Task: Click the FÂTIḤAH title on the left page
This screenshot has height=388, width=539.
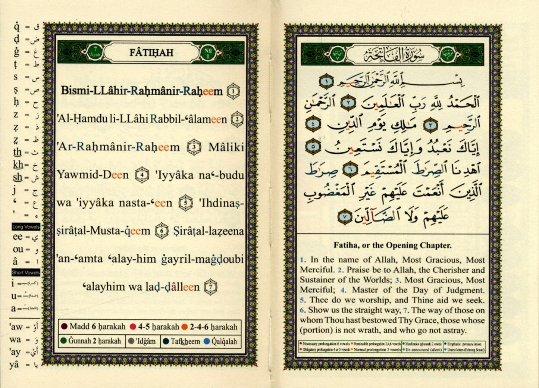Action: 151,53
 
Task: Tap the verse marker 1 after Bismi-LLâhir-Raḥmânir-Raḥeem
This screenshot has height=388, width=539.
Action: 233,91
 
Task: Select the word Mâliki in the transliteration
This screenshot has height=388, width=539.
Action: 226,147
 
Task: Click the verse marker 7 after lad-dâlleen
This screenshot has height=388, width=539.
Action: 211,287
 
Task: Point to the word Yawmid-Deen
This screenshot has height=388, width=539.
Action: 93,175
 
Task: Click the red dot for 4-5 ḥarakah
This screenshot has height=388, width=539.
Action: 133,327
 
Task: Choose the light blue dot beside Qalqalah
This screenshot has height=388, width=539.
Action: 207,341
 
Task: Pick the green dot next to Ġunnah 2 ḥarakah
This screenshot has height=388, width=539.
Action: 63,341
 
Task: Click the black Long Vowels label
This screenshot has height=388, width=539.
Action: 26,227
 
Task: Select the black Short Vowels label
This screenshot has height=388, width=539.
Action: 26,273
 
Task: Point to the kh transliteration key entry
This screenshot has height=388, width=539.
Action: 18,165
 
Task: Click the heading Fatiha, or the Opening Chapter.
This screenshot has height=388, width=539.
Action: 392,245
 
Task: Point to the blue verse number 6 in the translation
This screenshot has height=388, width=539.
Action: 303,310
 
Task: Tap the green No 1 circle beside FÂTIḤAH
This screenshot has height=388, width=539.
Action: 208,53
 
